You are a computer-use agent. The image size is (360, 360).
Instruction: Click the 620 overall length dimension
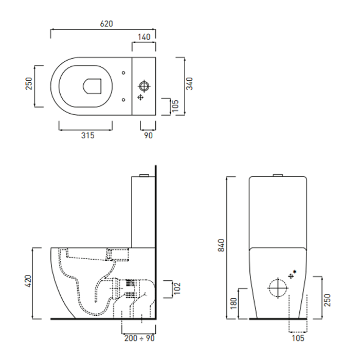pyautogui.click(x=106, y=24)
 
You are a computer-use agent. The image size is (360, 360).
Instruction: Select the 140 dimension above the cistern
pyautogui.click(x=144, y=37)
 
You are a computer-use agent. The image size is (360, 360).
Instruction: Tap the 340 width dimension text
pyautogui.click(x=189, y=84)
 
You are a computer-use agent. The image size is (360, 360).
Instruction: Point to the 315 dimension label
pyautogui.click(x=88, y=135)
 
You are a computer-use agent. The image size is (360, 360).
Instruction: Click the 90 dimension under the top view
pyautogui.click(x=148, y=135)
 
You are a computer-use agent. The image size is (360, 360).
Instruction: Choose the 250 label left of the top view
pyautogui.click(x=29, y=83)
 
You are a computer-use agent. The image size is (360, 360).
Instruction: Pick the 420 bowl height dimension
pyautogui.click(x=28, y=281)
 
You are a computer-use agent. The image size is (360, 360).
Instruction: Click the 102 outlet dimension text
pyautogui.click(x=177, y=289)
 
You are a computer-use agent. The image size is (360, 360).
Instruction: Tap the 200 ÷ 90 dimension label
pyautogui.click(x=139, y=338)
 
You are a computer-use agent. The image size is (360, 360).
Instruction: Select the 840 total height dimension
pyautogui.click(x=221, y=245)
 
